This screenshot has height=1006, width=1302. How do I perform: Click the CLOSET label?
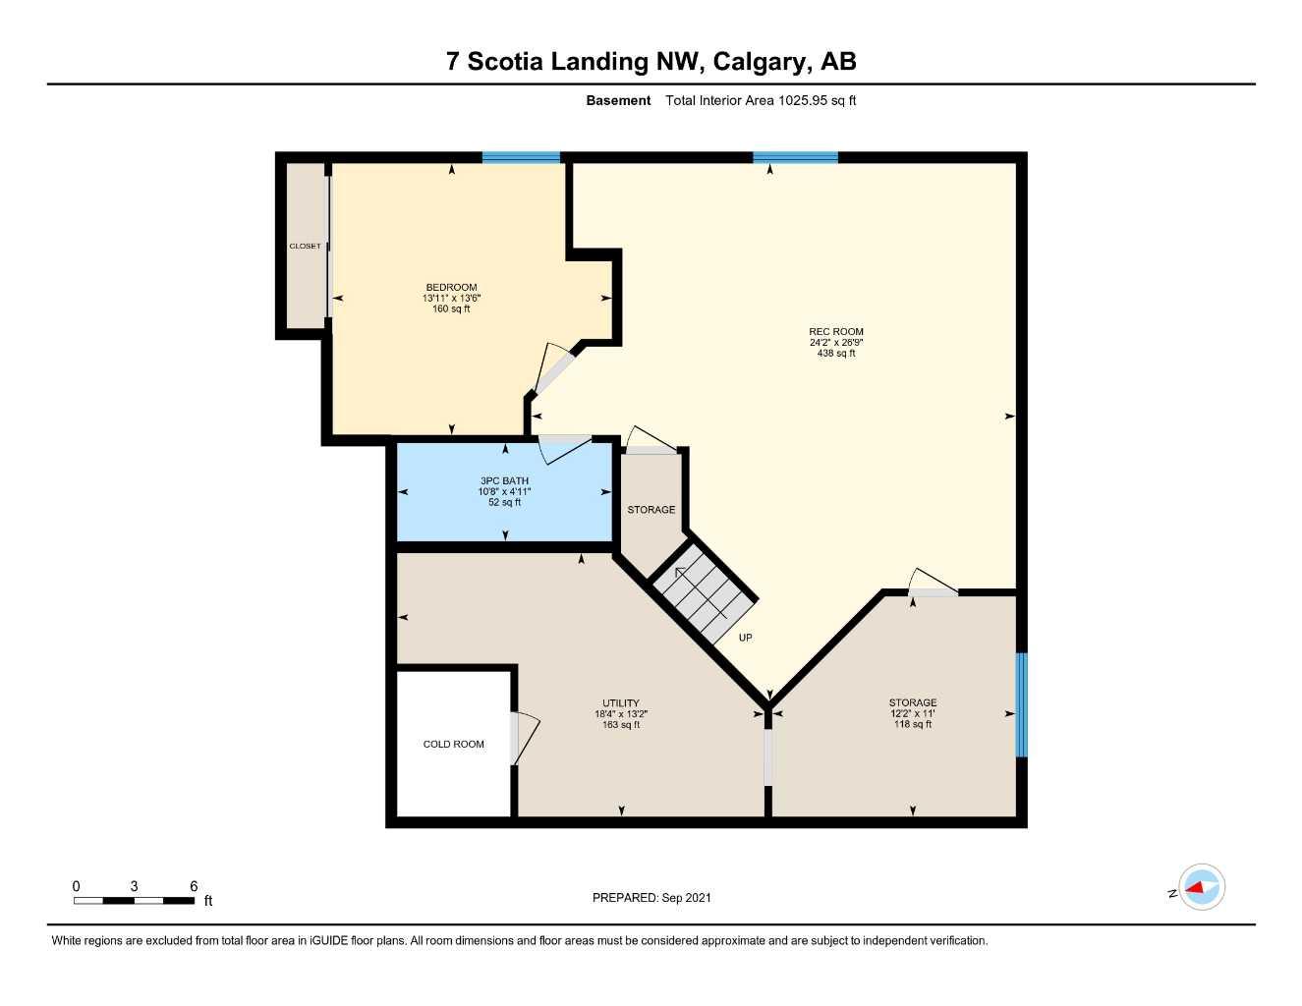click(x=305, y=246)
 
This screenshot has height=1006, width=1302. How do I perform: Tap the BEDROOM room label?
click(x=451, y=288)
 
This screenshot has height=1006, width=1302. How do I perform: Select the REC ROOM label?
click(x=835, y=332)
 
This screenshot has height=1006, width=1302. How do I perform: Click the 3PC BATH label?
click(x=504, y=481)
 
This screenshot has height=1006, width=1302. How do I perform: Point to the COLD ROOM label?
click(x=453, y=744)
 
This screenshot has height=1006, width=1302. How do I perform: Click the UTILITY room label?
click(x=621, y=703)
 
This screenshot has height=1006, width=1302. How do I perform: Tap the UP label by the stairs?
click(x=745, y=638)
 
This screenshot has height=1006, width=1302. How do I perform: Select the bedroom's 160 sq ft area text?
click(x=451, y=309)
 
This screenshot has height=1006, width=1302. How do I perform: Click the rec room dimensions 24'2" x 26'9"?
click(x=835, y=343)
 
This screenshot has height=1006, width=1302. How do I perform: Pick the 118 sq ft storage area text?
click(x=913, y=725)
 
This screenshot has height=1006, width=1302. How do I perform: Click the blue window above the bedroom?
click(x=521, y=157)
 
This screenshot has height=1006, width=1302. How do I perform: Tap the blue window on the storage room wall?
click(x=1021, y=704)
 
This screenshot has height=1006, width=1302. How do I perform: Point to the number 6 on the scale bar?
click(x=194, y=886)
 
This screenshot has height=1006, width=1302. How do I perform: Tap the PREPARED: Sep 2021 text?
click(x=651, y=898)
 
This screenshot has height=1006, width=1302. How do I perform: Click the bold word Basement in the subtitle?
click(x=618, y=100)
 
